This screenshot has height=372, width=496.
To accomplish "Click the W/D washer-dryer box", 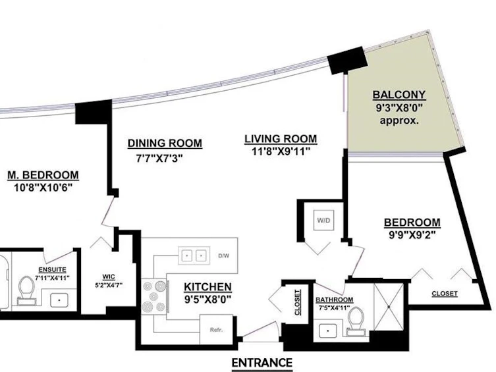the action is point(323,220).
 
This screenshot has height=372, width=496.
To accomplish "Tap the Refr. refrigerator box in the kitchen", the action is point(216,330).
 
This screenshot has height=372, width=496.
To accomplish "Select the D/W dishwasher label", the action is point(224,255).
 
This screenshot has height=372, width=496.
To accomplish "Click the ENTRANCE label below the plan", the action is point(262,363).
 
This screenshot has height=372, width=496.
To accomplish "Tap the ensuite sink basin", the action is point(59,300).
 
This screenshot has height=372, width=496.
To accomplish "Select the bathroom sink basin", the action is point(328,331).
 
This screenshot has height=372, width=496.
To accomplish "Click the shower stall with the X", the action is point(389,307).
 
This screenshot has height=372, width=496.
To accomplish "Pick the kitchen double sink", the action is point(194,255).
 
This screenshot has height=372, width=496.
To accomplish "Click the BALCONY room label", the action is point(399,95).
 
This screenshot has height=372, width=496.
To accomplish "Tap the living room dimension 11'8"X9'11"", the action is point(281,151).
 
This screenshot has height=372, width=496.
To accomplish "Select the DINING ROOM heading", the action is point(165,143).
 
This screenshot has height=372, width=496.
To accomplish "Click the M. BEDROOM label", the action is point(43,175).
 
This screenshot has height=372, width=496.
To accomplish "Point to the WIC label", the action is point(109,277).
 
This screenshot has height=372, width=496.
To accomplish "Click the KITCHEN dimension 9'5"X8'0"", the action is point(208,299).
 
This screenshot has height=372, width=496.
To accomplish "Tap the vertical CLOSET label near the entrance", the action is point(297,302).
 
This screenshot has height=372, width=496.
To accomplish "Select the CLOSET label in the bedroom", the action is point(445,294).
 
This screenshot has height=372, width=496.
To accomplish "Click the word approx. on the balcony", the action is point(399,120).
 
